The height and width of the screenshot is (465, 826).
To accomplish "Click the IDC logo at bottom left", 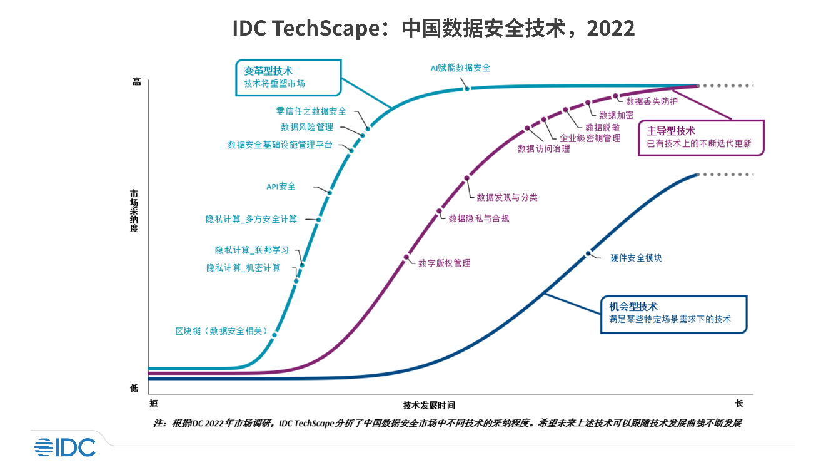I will (65, 447).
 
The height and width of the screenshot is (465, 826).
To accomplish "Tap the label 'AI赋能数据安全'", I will (460, 68).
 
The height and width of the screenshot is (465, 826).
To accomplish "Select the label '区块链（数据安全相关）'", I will (221, 330).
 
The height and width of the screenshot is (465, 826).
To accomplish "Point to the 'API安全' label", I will (281, 186).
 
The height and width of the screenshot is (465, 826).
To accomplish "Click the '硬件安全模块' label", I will (636, 258).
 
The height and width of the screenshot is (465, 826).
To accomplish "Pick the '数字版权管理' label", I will (444, 263).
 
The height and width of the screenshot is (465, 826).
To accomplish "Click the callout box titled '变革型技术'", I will (288, 78).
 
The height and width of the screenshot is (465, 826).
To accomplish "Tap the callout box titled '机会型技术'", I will (673, 314).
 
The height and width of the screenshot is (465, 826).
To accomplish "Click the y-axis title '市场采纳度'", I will (134, 207).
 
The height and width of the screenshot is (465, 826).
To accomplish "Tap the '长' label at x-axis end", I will (738, 404).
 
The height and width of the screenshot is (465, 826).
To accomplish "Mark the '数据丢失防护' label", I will (652, 100).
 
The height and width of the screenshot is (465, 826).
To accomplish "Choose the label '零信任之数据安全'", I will (311, 111).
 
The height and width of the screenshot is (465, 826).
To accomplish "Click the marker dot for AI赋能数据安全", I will (466, 89).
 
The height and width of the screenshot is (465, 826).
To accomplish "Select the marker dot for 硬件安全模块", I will (588, 253).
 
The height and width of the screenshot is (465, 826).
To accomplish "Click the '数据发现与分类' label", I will (506, 197).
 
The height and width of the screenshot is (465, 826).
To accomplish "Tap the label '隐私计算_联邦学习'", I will (252, 250).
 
